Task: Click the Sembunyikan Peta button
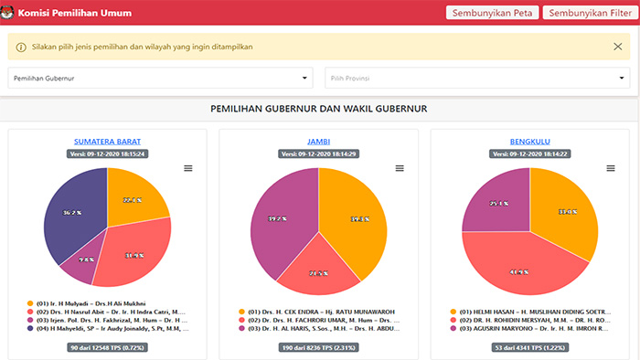491,13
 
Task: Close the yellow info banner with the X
618,47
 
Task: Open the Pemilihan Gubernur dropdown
161,79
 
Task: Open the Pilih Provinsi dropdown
476,79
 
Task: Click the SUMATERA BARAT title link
107,142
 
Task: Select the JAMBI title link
318,142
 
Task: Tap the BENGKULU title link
530,142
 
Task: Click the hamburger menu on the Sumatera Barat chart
188,168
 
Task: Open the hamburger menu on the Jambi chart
400,168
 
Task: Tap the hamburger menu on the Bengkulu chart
611,168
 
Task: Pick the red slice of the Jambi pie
319,270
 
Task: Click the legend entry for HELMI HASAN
530,311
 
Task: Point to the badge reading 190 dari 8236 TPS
318,348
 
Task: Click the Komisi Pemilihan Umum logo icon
9,13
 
